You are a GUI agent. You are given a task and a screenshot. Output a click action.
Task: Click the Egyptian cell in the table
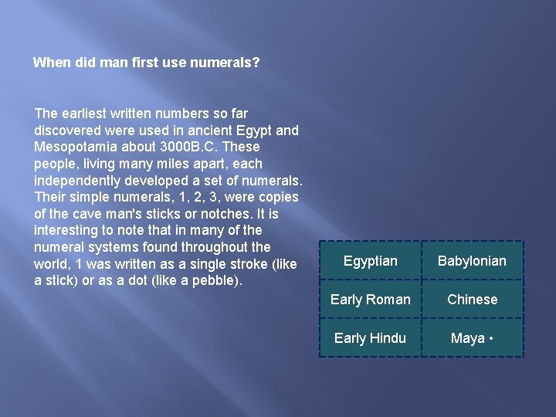(370, 261)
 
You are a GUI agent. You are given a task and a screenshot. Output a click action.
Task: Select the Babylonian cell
(472, 261)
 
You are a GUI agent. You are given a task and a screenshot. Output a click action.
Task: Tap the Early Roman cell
(370, 300)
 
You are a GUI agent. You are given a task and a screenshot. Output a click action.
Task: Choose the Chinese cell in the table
(472, 300)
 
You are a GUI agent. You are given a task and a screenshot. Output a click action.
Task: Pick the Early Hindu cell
(370, 338)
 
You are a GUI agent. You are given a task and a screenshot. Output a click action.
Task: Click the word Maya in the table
(468, 338)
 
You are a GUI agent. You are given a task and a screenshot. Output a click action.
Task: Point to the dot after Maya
(492, 338)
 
